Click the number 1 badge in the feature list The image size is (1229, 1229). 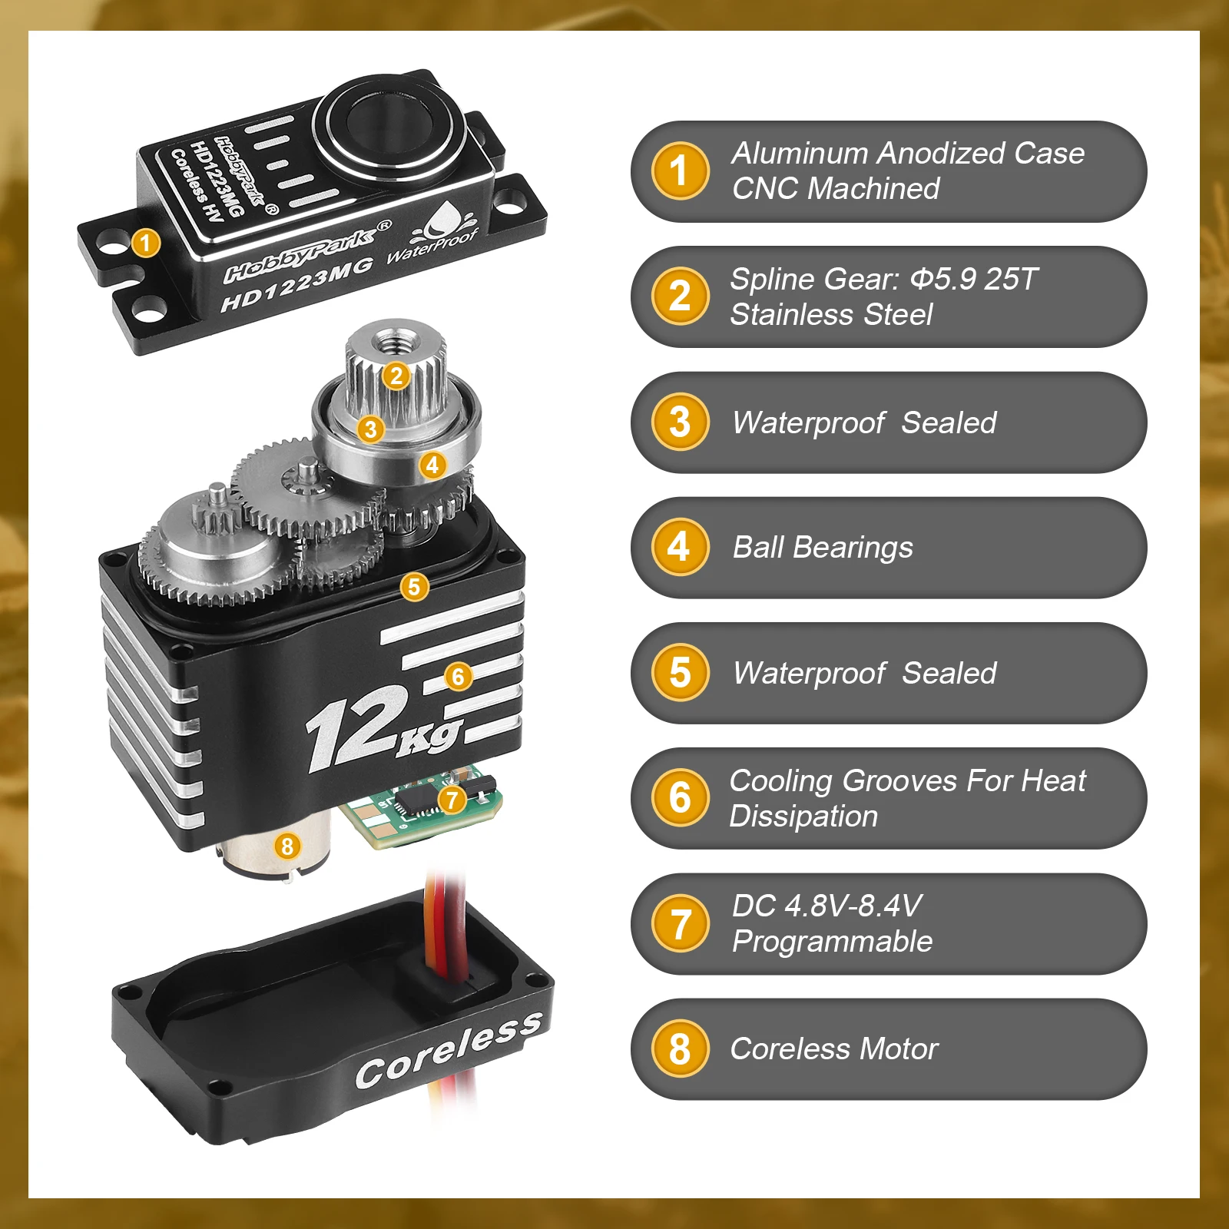(680, 171)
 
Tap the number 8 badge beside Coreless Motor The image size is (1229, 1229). (680, 1048)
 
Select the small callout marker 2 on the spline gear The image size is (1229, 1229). (396, 376)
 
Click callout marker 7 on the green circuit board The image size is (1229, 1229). (452, 800)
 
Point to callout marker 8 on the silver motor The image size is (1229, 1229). (287, 846)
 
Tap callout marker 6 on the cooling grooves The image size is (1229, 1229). (459, 676)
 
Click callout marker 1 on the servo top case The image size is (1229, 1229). (145, 243)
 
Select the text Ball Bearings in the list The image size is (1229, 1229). (823, 548)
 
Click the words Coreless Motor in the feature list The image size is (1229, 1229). (834, 1048)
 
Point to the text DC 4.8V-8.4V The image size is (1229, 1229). (827, 906)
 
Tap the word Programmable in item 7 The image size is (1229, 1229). (832, 942)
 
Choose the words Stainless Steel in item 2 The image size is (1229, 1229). (831, 314)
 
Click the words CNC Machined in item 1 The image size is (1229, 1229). (836, 188)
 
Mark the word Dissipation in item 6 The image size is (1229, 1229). (803, 817)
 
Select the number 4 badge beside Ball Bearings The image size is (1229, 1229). (680, 547)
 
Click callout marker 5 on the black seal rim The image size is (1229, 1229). (414, 587)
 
